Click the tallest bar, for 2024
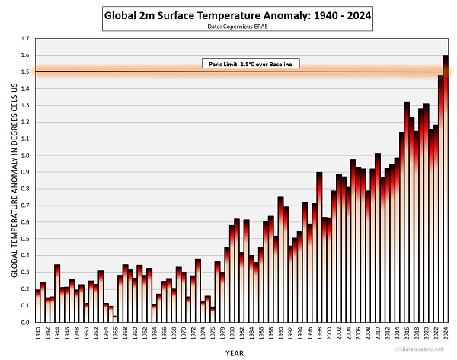pyautogui.click(x=445, y=190)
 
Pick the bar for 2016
pyautogui.click(x=406, y=213)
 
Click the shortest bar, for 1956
pyautogui.click(x=115, y=319)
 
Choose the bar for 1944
pyautogui.click(x=57, y=294)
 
